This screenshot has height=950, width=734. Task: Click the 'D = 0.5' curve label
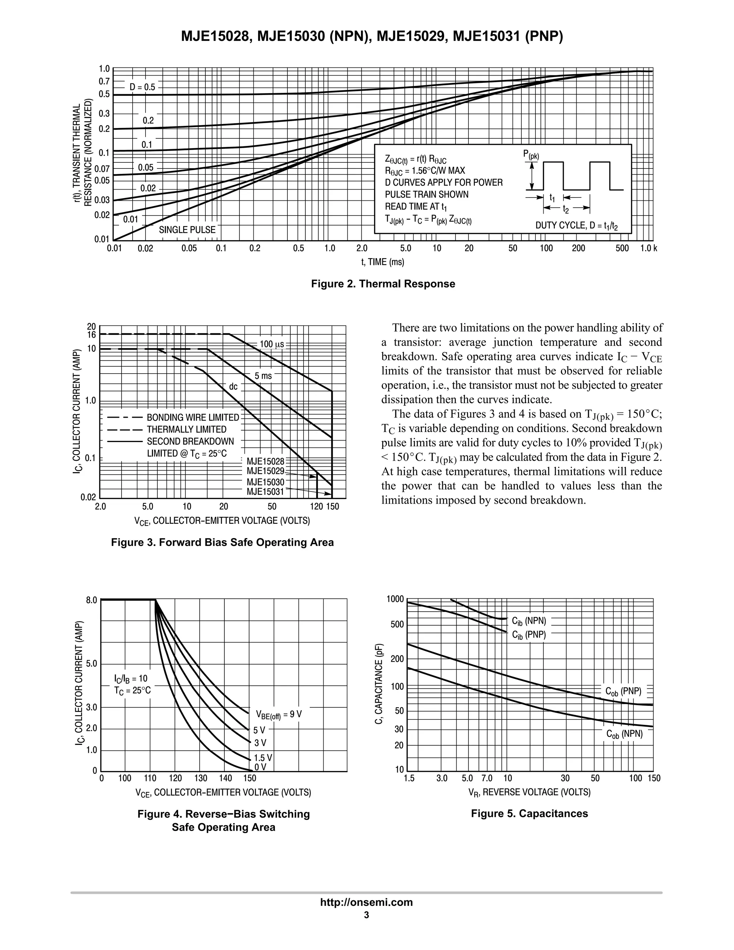142,87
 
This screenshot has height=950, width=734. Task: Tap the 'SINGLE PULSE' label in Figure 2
187,230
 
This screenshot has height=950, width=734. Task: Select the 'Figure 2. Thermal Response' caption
383,284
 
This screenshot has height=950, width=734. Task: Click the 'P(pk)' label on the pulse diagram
531,155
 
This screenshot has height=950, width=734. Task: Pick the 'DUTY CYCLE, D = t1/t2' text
577,225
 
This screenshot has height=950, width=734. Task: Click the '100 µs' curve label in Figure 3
272,344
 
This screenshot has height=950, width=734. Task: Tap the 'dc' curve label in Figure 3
234,386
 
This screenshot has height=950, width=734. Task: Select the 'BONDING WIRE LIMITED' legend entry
192,418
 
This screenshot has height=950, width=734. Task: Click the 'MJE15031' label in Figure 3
265,492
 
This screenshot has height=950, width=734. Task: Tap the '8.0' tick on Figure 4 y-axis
92,600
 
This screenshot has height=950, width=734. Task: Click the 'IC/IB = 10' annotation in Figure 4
131,678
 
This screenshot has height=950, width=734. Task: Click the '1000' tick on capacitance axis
395,599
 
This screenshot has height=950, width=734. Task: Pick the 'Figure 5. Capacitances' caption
529,813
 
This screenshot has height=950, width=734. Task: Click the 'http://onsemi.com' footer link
367,902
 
